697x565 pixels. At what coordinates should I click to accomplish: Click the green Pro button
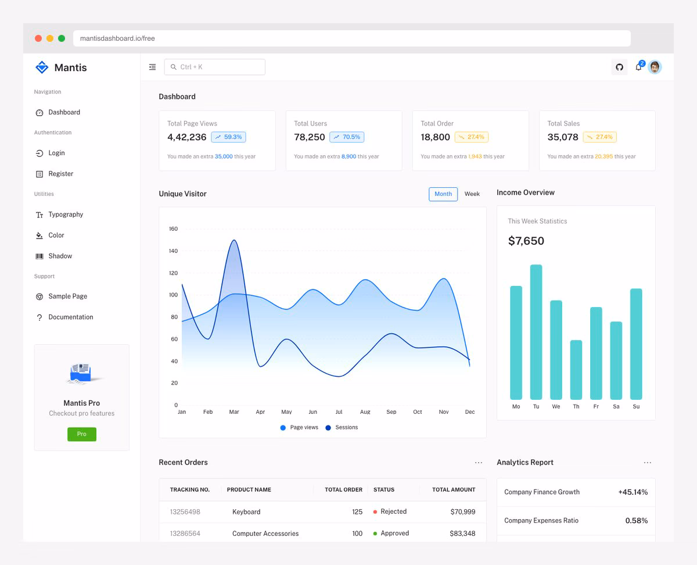coord(82,434)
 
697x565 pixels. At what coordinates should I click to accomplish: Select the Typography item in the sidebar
coord(66,214)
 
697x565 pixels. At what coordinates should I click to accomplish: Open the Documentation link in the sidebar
coord(70,317)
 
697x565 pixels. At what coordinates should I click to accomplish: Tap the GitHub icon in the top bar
coord(619,67)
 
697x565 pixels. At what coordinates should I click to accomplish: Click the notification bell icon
coord(638,67)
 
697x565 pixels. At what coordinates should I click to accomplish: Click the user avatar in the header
coord(655,67)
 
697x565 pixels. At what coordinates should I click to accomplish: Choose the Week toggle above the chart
coord(472,194)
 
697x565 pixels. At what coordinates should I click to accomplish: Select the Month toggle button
coord(443,194)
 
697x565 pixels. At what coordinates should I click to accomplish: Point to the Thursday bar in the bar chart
coord(576,370)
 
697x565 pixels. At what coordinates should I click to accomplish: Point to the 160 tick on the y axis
coord(173,229)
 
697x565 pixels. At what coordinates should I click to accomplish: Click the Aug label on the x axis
coord(365,412)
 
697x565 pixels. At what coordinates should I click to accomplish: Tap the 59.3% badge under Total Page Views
coord(228,137)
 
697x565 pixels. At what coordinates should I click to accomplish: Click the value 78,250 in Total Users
coord(310,137)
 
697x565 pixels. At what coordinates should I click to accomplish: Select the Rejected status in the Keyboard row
coord(393,512)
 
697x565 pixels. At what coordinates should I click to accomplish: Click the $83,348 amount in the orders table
coord(462,533)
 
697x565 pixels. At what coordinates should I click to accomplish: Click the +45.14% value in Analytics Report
coord(633,492)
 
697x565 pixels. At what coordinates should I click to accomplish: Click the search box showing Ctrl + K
coord(215,67)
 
